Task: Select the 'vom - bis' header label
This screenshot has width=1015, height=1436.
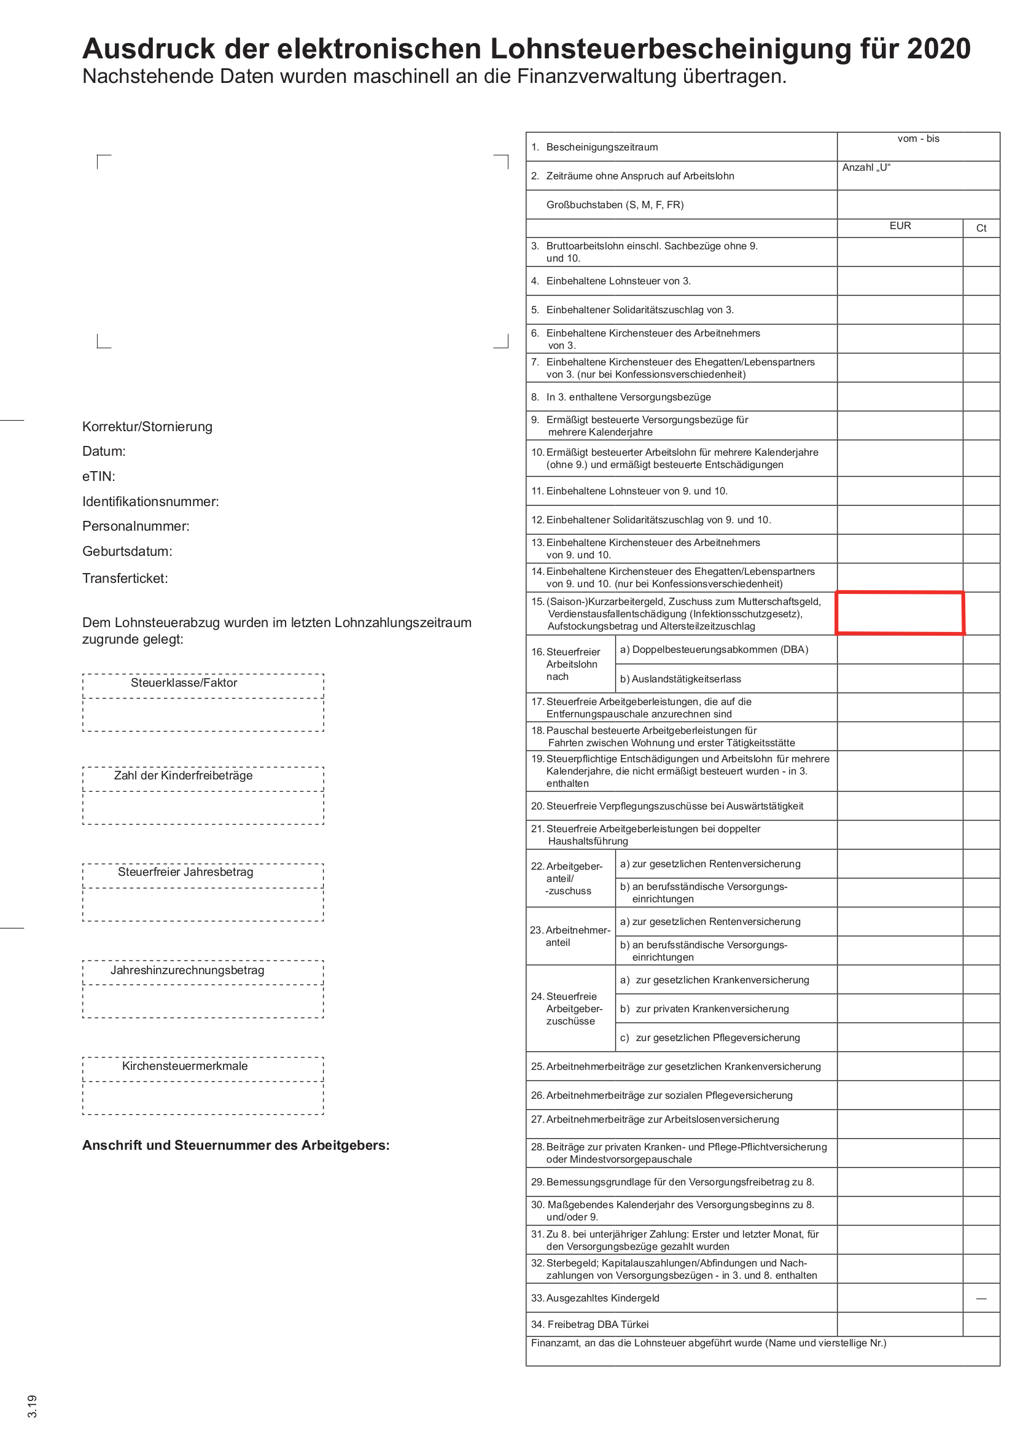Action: (x=917, y=139)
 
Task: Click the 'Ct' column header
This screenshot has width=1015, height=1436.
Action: (x=981, y=228)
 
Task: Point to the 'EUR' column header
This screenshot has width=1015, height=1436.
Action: (x=900, y=226)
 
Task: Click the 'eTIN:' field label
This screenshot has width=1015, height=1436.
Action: (x=99, y=477)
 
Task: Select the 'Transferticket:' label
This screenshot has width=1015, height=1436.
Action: (x=125, y=579)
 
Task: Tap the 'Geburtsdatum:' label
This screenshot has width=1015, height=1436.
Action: (x=127, y=552)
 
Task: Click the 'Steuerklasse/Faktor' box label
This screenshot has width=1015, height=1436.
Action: (x=184, y=683)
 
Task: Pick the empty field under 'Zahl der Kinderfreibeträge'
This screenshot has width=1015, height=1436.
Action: (x=203, y=808)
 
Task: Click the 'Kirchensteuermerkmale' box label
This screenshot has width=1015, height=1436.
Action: (x=184, y=1066)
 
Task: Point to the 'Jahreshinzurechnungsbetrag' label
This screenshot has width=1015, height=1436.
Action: (x=187, y=970)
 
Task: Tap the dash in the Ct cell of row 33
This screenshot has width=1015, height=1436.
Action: (x=981, y=1298)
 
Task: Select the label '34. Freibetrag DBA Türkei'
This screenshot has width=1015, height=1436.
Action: (x=589, y=1324)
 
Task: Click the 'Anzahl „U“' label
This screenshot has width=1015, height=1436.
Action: (x=866, y=168)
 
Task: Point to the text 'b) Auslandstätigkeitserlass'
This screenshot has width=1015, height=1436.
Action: (x=680, y=679)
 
